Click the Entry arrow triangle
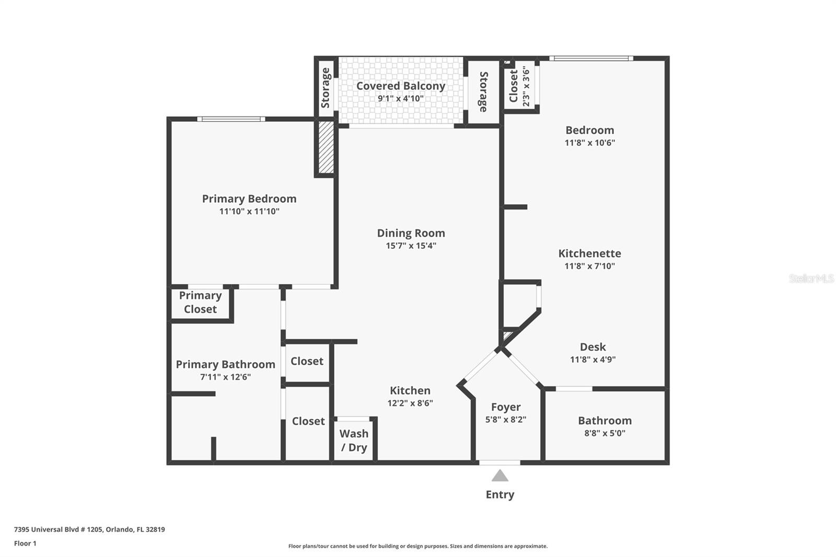[x=500, y=475]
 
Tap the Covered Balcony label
[x=401, y=86]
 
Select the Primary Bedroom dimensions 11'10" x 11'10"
[x=249, y=212]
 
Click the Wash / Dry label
[x=354, y=440]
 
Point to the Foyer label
[x=505, y=407]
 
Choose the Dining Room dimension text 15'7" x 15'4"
[x=411, y=246]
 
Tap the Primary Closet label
[x=200, y=302]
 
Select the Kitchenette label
[x=589, y=253]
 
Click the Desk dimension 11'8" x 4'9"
[x=593, y=359]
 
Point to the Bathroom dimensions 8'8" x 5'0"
[x=605, y=433]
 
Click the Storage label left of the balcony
[x=326, y=88]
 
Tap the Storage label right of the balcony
[x=483, y=91]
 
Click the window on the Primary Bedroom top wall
[x=231, y=119]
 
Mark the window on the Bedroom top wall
[x=591, y=59]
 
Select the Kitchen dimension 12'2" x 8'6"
[x=410, y=403]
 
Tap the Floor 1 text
[x=25, y=543]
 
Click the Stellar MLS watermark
[x=811, y=278]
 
